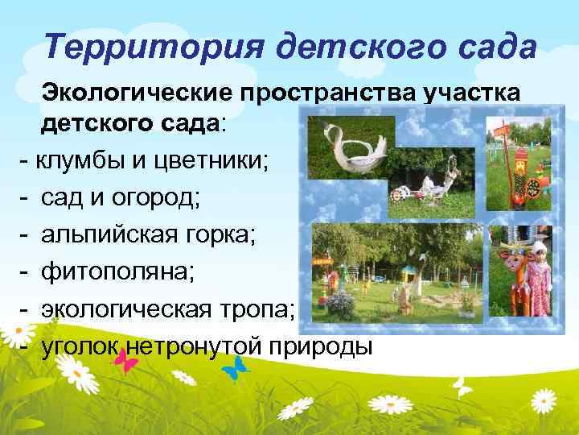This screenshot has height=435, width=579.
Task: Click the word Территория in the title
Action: tap(133, 47)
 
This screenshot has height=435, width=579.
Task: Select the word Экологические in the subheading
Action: tap(134, 95)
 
